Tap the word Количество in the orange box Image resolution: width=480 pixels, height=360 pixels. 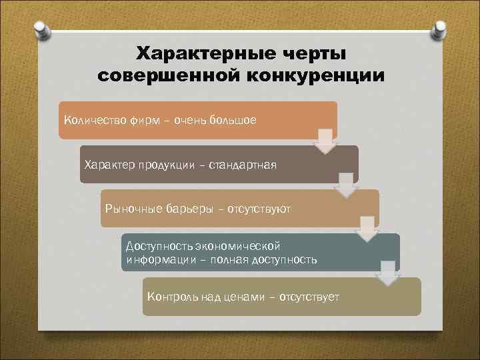pyautogui.click(x=92, y=120)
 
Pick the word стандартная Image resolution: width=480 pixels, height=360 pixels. pyautogui.click(x=243, y=164)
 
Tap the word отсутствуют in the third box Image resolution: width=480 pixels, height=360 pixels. pyautogui.click(x=259, y=209)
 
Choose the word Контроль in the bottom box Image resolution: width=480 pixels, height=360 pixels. pyautogui.click(x=171, y=296)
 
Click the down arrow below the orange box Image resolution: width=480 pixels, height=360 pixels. pyautogui.click(x=325, y=141)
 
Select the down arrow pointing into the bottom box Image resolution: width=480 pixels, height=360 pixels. pyautogui.click(x=387, y=273)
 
